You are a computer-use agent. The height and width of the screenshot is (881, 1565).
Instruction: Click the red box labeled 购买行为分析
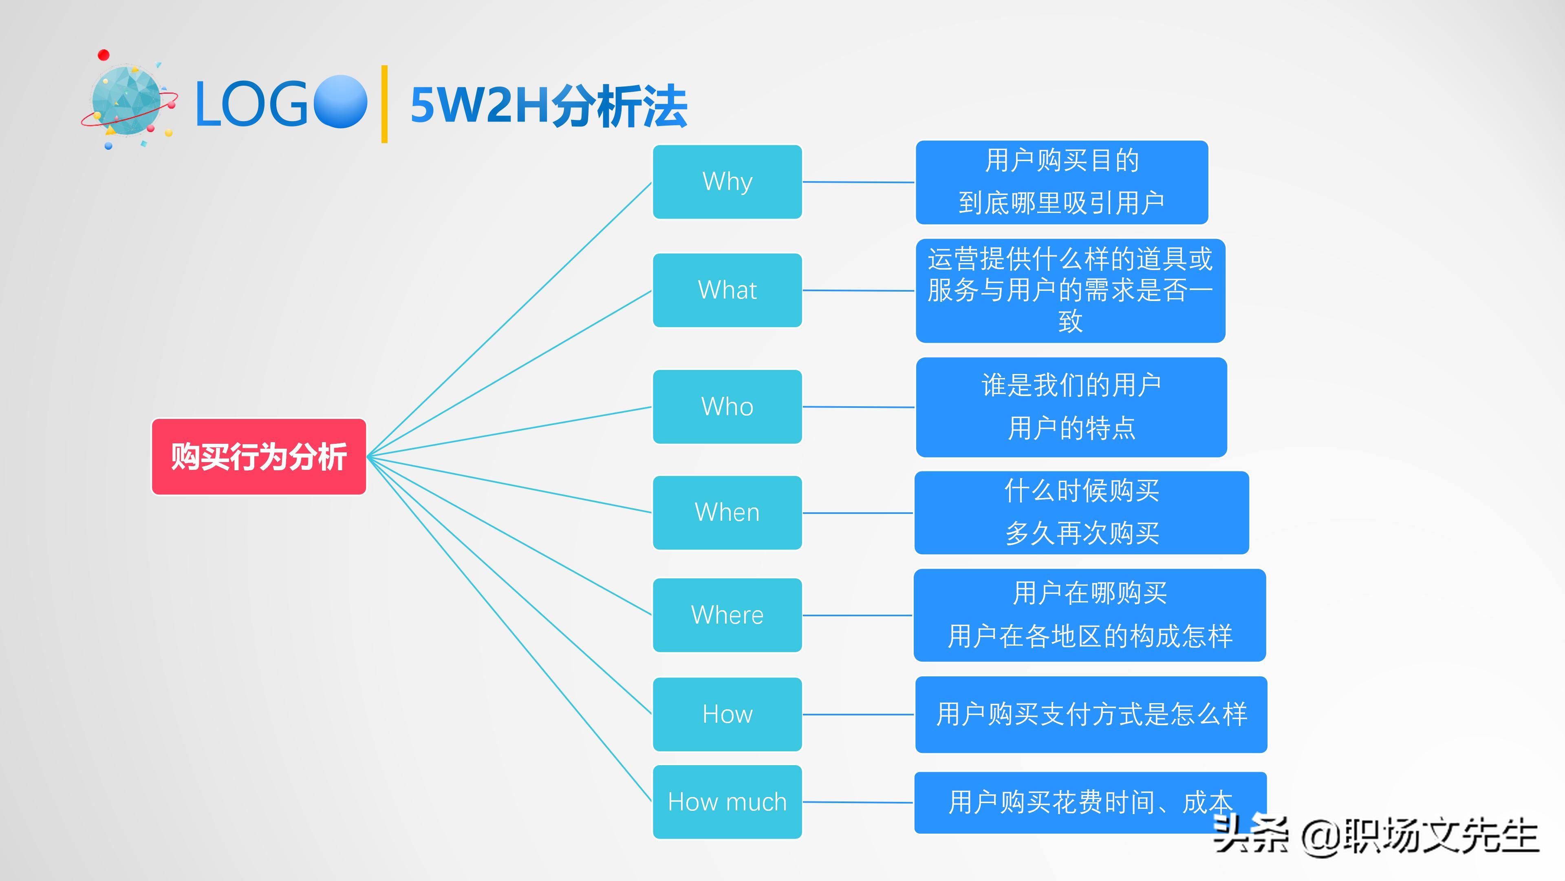coord(259,457)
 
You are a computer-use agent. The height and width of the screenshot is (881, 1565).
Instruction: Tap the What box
coord(727,290)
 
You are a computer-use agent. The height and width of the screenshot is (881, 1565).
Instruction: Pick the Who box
coord(727,407)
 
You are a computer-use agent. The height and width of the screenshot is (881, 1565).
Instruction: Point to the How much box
coord(727,802)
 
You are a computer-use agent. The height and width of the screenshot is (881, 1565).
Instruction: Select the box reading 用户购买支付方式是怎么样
coord(1091,715)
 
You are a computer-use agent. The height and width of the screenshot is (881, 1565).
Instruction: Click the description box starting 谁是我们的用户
coord(1071,407)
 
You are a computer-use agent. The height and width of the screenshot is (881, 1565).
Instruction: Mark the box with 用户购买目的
coord(1061,182)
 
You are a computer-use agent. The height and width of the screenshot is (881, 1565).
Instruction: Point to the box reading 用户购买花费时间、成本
coord(1069,802)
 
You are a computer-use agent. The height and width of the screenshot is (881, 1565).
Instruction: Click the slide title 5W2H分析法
coord(549,106)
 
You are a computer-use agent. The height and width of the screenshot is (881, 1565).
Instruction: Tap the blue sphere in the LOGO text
coord(340,102)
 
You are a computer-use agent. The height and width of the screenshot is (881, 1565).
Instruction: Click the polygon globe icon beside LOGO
coord(127,101)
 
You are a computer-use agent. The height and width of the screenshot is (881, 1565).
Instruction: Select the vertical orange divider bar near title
coord(384,104)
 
